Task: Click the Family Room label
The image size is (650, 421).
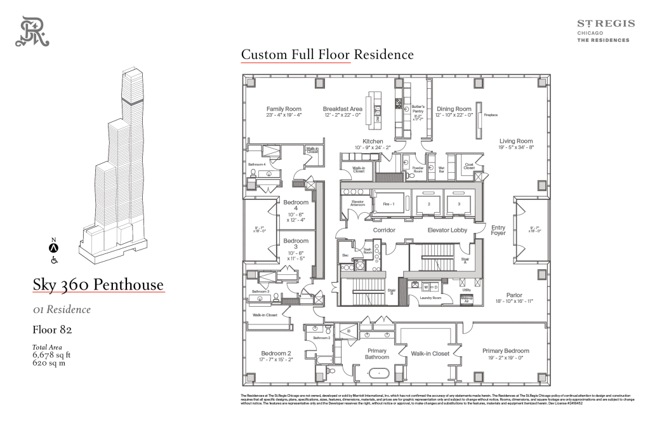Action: click(284, 109)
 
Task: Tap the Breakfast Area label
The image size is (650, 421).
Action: click(342, 109)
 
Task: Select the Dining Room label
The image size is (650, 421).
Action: click(454, 109)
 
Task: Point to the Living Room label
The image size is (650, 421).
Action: click(515, 141)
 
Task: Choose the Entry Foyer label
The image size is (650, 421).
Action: click(499, 230)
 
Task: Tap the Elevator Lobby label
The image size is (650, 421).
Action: click(448, 230)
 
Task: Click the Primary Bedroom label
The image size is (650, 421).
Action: click(505, 351)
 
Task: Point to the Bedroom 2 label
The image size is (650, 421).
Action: click(276, 353)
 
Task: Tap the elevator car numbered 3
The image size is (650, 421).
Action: click(458, 204)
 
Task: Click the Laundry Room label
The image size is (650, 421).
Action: click(430, 297)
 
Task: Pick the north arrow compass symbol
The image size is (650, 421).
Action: click(55, 247)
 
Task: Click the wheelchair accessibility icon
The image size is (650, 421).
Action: click(55, 259)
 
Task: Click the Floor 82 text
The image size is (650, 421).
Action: click(52, 330)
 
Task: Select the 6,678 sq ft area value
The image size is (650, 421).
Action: click(51, 356)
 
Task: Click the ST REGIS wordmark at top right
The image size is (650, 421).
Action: click(605, 23)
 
